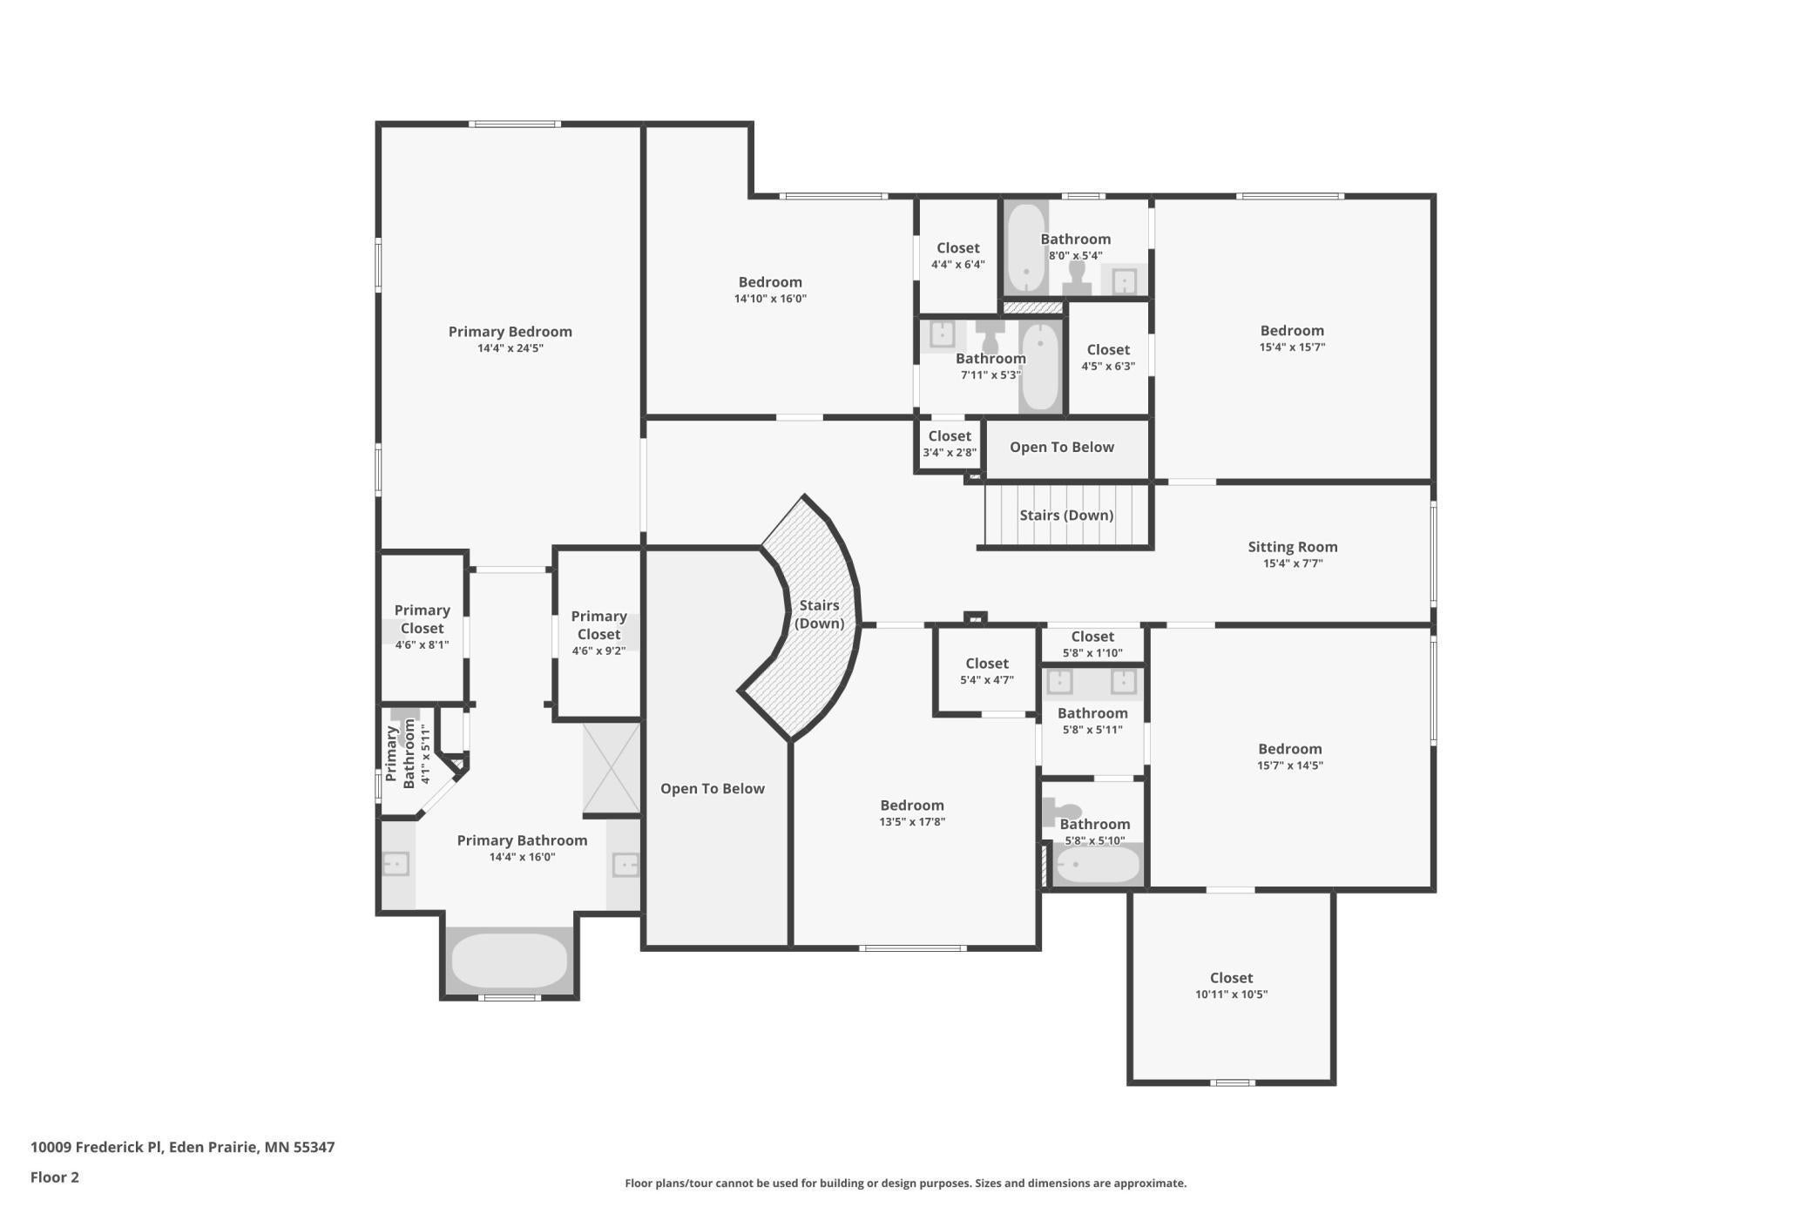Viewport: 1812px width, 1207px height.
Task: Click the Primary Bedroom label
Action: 510,332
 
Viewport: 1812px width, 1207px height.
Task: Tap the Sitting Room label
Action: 1292,547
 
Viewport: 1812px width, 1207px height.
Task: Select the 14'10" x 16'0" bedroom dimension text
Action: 770,299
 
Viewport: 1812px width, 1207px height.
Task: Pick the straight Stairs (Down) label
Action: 1066,515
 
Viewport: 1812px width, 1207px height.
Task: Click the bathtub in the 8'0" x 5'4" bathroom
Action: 1026,248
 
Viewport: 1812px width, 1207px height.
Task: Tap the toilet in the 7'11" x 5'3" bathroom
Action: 990,334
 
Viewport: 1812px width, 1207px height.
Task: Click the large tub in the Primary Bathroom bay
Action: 510,960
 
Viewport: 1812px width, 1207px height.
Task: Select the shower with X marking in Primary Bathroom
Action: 612,767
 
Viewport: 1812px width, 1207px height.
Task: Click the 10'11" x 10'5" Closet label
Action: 1231,978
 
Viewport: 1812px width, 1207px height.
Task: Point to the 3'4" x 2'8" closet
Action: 949,444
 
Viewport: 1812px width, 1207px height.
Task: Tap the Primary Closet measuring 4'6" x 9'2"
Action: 598,633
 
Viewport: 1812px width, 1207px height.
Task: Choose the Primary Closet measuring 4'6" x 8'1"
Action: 422,627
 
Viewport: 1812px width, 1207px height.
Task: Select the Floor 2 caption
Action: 55,1177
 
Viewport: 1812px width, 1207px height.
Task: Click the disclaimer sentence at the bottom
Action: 905,1183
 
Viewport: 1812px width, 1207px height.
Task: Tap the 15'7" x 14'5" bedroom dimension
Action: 1289,765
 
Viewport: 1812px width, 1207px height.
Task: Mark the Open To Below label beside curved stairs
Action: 712,788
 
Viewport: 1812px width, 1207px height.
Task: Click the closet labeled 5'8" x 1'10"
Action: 1092,644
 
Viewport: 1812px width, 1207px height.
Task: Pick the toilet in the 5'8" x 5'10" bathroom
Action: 1061,813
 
